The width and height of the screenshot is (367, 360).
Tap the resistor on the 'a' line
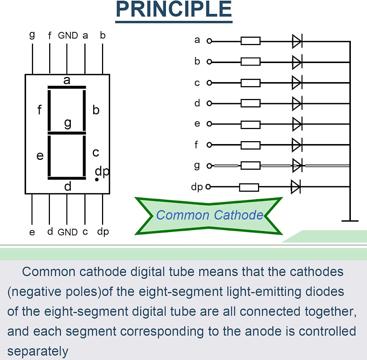(251, 41)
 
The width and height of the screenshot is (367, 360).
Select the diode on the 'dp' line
(296, 187)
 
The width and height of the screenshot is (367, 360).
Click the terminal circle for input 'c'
(209, 83)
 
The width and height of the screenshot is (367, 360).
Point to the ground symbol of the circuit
(350, 220)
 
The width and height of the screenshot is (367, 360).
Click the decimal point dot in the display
(97, 179)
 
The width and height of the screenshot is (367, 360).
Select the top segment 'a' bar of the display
(67, 87)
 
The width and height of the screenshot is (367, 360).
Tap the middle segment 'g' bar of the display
(67, 133)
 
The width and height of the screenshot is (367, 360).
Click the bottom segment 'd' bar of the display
(67, 179)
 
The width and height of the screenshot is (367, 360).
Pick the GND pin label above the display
(68, 36)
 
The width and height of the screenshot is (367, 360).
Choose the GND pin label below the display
(68, 232)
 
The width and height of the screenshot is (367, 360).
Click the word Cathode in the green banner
(239, 215)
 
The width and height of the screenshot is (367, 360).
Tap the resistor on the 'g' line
(251, 165)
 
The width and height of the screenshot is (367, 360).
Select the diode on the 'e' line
(297, 124)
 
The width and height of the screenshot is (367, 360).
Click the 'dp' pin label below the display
(103, 232)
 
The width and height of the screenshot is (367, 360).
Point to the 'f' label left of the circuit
(196, 145)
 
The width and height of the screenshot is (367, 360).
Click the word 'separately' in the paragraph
(38, 351)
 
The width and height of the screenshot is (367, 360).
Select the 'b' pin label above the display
(103, 35)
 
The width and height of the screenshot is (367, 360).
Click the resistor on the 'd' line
(251, 103)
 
